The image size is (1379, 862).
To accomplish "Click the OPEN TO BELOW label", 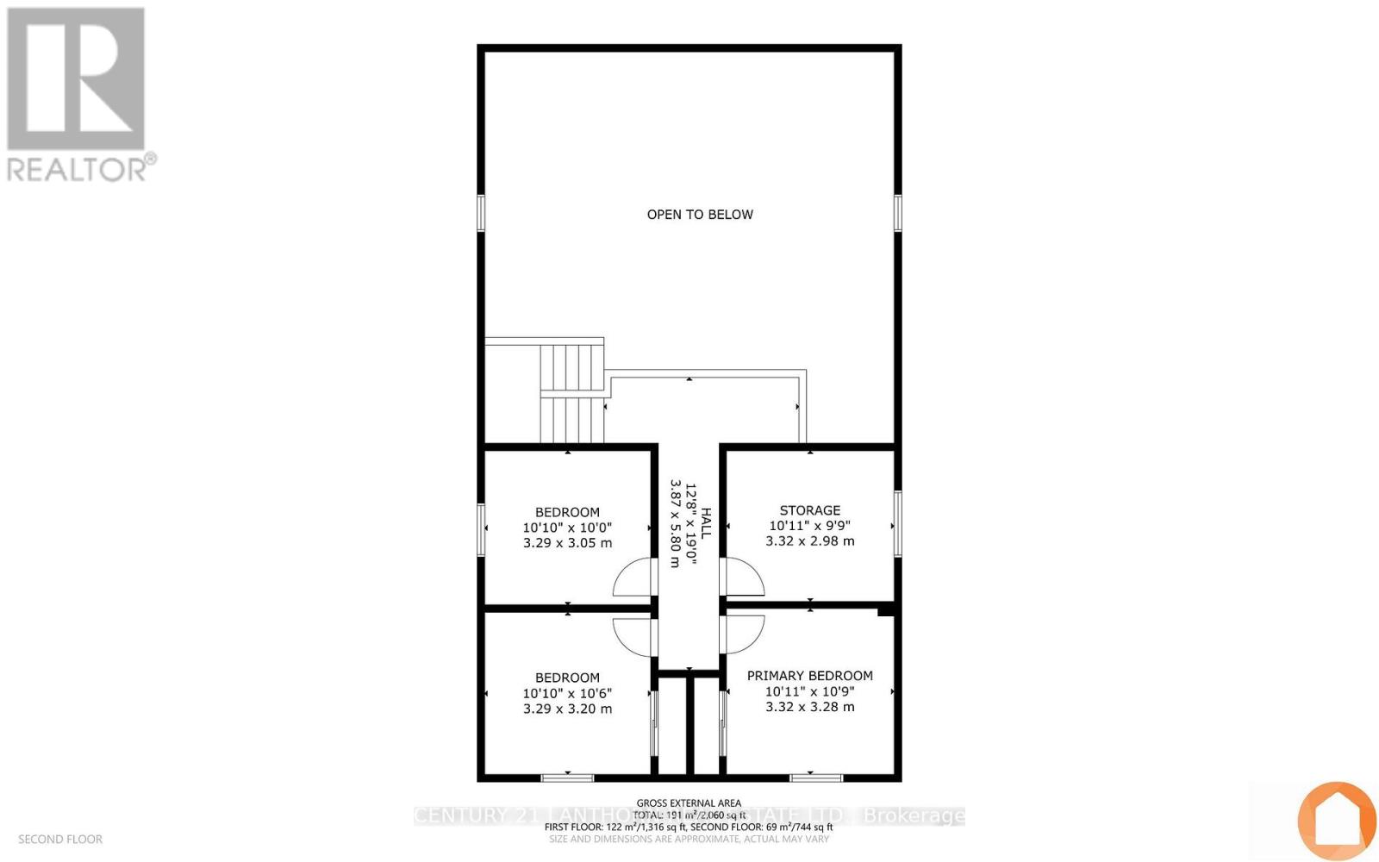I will click(700, 215).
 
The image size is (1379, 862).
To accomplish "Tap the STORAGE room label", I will click(809, 510).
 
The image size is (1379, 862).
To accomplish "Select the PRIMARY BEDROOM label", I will click(809, 676).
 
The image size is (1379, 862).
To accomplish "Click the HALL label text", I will click(706, 523).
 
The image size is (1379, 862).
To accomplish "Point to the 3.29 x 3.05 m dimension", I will click(567, 543).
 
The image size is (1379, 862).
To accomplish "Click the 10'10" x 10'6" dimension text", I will click(567, 693).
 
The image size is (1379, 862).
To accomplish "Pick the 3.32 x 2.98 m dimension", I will click(809, 541).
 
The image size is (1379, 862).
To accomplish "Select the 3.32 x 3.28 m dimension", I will click(809, 707).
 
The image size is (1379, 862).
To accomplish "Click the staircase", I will click(571, 393).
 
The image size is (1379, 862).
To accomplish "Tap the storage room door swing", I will click(742, 578).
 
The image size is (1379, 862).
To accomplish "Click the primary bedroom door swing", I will click(742, 634).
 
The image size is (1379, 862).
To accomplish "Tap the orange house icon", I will click(1337, 820).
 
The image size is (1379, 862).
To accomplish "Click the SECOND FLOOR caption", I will click(60, 839).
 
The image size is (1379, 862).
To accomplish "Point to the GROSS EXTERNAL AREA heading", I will click(689, 803).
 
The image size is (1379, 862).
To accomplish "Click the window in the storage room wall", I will click(897, 523).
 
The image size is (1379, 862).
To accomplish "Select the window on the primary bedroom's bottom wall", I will click(815, 778).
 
